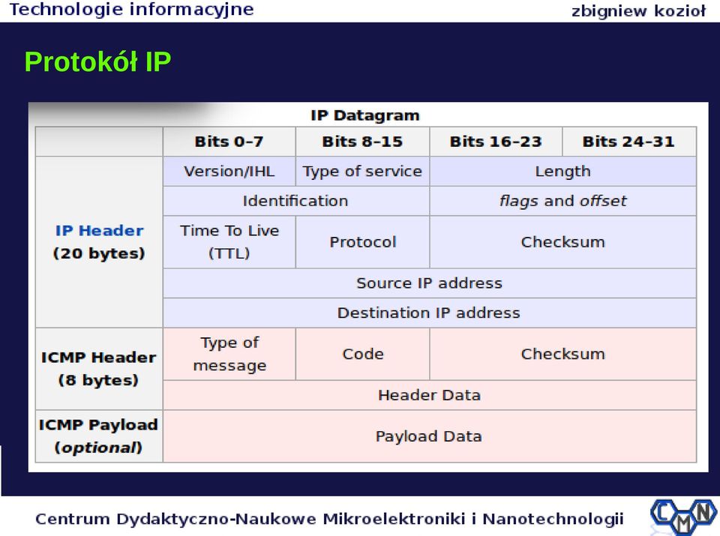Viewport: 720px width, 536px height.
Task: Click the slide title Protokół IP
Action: click(97, 61)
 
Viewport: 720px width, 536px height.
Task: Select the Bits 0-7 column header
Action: click(229, 142)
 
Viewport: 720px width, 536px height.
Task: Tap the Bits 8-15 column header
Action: click(362, 142)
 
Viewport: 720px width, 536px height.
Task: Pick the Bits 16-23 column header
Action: click(496, 142)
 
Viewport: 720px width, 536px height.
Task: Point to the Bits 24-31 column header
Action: click(629, 142)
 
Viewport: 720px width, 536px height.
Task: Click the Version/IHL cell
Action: click(229, 171)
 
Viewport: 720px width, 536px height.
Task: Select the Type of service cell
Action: click(362, 171)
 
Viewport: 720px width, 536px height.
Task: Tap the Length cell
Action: click(563, 171)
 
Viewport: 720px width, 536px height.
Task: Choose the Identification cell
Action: click(296, 201)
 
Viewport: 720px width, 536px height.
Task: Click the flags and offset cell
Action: click(563, 201)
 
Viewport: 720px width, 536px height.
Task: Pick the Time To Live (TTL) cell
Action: click(229, 242)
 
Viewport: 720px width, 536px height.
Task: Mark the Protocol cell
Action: click(362, 242)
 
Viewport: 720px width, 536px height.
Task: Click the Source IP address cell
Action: click(429, 283)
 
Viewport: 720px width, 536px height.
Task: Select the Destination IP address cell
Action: click(429, 313)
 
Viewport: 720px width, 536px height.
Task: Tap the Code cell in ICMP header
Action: click(362, 354)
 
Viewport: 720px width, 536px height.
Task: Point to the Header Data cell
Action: click(429, 395)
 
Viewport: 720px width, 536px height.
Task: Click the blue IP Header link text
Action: click(99, 230)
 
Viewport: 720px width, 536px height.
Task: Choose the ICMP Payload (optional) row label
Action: click(99, 436)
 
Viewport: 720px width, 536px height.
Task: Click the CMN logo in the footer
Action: click(683, 517)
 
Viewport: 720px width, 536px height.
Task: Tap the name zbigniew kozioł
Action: click(638, 10)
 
